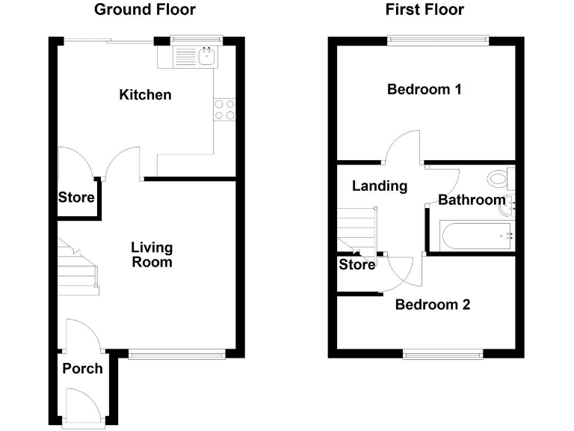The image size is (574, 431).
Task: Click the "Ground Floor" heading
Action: (x=145, y=10)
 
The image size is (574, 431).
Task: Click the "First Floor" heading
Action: (x=425, y=10)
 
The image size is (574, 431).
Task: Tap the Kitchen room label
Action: (x=145, y=95)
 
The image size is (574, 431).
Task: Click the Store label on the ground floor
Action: (x=77, y=198)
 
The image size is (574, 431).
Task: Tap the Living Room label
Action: (x=152, y=254)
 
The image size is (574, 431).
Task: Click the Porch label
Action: (x=82, y=368)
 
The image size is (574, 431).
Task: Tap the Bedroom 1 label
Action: (x=424, y=90)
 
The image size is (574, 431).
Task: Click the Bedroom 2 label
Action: (x=433, y=305)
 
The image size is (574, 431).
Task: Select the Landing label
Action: (x=380, y=186)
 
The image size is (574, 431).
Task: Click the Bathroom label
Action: (x=471, y=200)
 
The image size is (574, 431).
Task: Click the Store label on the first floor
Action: (x=357, y=264)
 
